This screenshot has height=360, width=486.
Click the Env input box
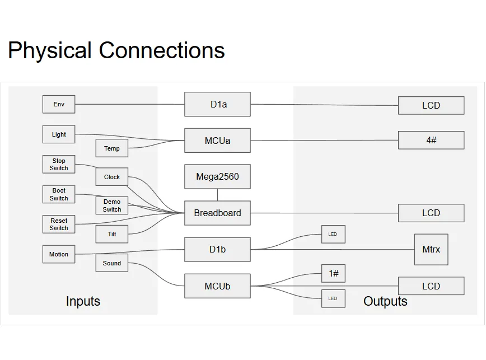tap(59, 104)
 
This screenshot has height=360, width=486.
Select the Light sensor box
tap(59, 134)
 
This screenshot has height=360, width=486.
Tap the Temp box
tap(111, 148)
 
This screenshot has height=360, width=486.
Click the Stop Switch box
tap(59, 164)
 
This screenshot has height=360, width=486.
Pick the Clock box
tap(111, 177)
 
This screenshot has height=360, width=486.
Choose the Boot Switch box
tap(59, 194)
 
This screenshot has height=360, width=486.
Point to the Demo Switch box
tap(111, 205)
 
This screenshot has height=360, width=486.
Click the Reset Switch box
tap(59, 224)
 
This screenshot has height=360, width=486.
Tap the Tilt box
tap(111, 234)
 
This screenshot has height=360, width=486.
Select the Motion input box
tap(59, 254)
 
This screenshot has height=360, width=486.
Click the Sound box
tap(111, 263)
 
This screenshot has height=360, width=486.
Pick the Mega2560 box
tap(217, 177)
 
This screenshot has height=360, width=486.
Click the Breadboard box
tap(217, 213)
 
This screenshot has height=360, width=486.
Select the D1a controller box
tap(217, 104)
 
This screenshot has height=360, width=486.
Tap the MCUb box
tap(217, 286)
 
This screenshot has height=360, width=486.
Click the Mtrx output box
tap(431, 249)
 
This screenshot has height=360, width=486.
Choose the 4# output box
tap(431, 140)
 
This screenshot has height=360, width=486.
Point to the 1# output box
tap(333, 273)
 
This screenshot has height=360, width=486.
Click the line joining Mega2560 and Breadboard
tap(218, 195)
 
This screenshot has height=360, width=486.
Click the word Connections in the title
tap(162, 50)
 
